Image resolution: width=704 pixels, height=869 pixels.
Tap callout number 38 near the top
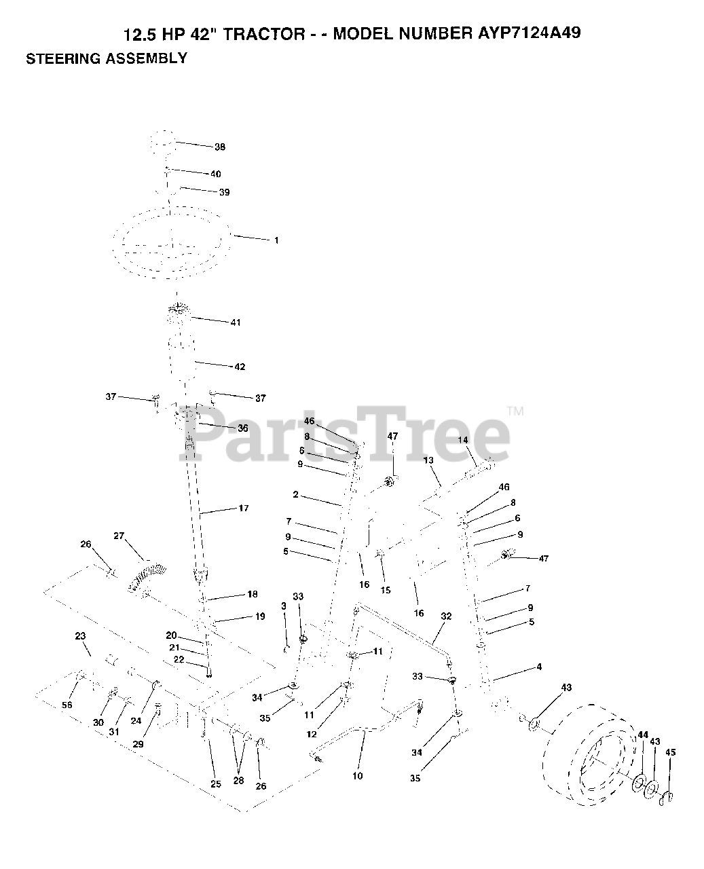219,147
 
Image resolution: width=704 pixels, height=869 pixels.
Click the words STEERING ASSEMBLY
106,58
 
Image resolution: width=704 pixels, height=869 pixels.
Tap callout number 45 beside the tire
671,752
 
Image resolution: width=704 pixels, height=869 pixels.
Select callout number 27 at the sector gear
119,536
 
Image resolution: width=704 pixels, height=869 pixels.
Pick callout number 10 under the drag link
358,775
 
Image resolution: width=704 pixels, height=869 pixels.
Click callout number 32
446,616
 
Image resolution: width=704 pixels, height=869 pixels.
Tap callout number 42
240,367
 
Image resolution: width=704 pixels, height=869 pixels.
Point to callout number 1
276,240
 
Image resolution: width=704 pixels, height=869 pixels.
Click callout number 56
67,705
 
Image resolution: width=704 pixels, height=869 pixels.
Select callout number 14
464,440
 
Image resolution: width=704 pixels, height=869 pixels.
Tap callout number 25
215,784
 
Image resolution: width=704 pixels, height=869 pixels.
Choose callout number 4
539,667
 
